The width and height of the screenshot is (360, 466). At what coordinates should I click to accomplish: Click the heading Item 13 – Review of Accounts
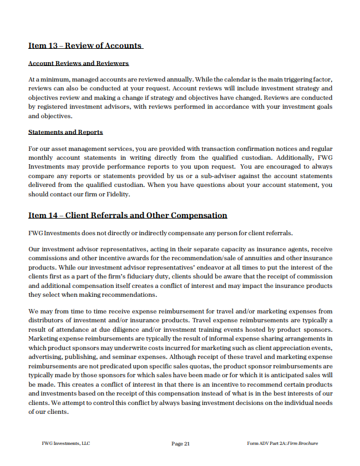[x=85, y=45]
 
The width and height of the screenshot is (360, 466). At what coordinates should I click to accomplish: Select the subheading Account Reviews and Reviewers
[x=78, y=63]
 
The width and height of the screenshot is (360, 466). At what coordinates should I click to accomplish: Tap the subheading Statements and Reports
[x=65, y=132]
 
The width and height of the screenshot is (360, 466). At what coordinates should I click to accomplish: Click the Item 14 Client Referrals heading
[x=128, y=215]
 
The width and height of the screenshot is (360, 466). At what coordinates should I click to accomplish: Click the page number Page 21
[x=181, y=444]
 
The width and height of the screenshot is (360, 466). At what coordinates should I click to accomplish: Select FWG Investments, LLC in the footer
[x=66, y=444]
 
